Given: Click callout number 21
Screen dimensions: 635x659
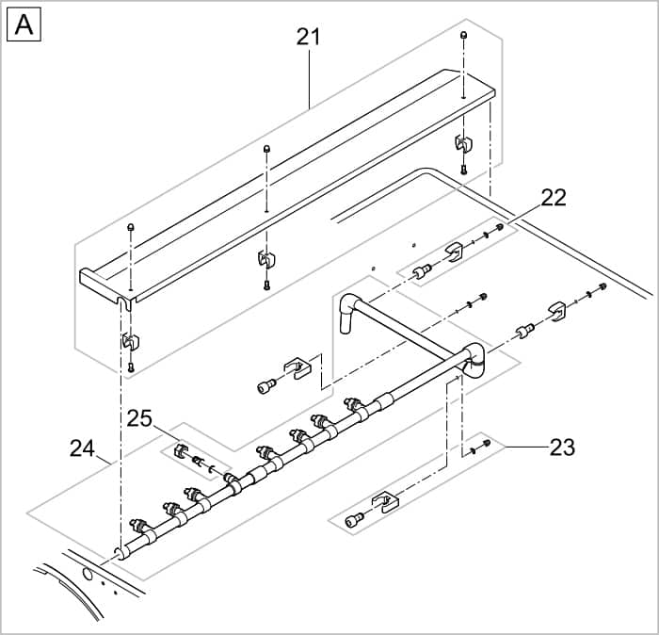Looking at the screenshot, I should click(308, 37).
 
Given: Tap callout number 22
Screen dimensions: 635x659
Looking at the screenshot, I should click(553, 198).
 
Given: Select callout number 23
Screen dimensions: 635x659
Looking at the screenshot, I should click(562, 448).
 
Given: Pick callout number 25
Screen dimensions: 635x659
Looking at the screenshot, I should click(140, 417).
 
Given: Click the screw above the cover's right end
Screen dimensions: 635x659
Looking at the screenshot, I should click(464, 36).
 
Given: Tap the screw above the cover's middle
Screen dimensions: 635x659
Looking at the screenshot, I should click(267, 149).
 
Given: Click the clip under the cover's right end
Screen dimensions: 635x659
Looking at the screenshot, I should click(463, 145).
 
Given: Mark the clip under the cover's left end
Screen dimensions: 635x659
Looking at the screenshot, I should click(130, 340).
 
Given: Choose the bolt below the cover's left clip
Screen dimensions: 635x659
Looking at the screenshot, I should click(131, 366).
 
